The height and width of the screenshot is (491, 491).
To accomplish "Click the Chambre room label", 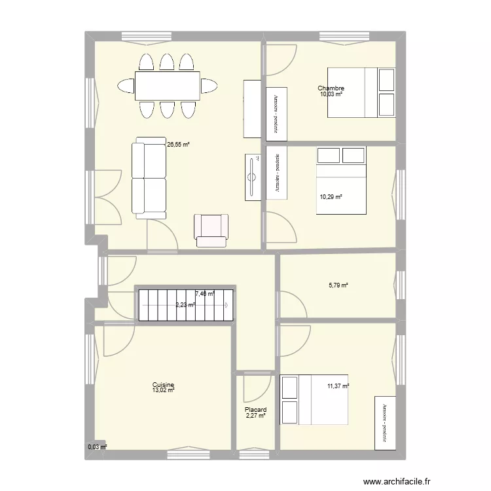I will coord(331,89).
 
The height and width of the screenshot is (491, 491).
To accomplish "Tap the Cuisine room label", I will coord(163,385).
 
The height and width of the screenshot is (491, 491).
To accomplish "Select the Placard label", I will coord(256,410).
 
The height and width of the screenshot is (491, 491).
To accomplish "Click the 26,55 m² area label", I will coord(177,145).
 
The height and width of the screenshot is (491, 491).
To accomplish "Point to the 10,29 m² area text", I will coord(331,196).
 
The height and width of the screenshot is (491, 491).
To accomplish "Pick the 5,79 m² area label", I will coord(338,285).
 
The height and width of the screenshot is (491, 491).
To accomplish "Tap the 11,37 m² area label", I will coord(338,386).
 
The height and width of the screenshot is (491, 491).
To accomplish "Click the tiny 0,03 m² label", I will coord(97,448).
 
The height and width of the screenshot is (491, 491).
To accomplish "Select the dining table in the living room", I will coord(167,86).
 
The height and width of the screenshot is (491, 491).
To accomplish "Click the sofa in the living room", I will coord(149,177).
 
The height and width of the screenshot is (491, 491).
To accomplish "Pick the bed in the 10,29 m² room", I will coord(341,179).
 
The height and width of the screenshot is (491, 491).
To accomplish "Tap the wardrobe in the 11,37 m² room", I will coord(384,422).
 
